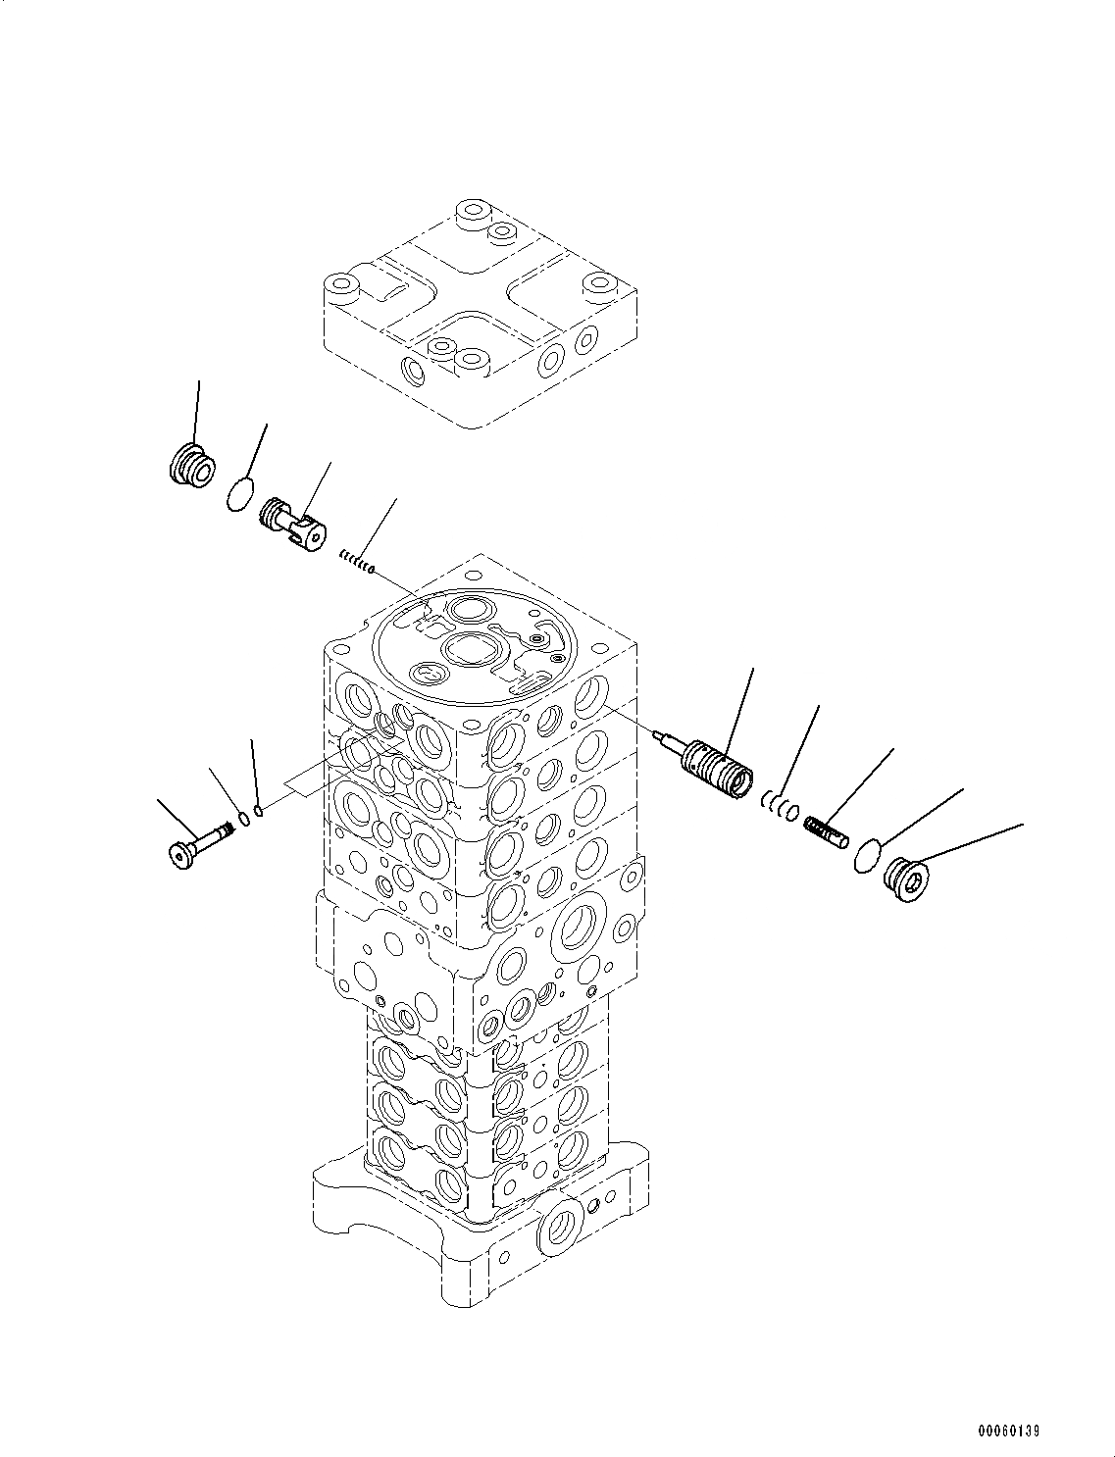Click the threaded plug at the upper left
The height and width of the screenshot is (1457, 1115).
191,464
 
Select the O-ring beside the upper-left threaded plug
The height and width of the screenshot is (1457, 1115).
238,493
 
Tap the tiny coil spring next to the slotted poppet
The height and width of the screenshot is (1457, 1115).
357,562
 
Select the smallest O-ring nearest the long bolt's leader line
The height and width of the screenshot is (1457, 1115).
259,810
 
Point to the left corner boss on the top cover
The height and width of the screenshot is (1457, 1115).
343,289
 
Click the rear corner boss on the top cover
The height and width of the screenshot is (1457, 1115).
475,211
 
